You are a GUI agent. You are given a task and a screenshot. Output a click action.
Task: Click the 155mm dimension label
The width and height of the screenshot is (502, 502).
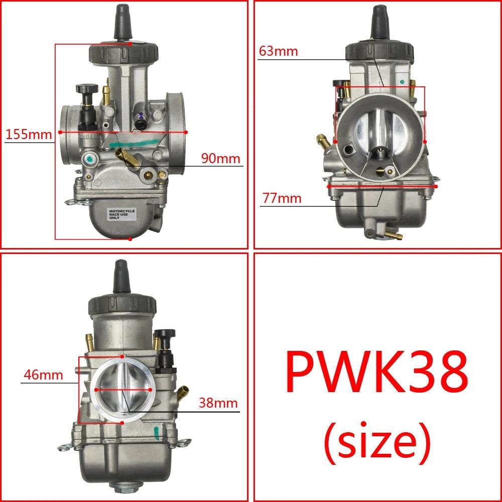coord(28,135)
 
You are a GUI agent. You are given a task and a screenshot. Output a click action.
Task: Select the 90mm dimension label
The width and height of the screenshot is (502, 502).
coord(221,159)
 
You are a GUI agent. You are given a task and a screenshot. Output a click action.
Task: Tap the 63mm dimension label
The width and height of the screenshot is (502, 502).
coord(279,51)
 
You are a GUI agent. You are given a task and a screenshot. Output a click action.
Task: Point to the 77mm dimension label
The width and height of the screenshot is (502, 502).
coord(282,198)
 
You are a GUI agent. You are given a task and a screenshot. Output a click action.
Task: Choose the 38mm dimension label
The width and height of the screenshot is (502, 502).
coord(218,403)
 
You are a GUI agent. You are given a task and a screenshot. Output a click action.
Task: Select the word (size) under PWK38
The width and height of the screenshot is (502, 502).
coord(376,441)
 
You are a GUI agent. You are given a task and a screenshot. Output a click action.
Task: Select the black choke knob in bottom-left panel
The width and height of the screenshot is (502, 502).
coord(165,334)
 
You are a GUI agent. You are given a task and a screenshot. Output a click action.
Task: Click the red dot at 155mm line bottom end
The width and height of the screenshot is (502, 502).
coord(130,239)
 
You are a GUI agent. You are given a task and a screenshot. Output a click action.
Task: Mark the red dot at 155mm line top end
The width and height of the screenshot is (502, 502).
coord(130,44)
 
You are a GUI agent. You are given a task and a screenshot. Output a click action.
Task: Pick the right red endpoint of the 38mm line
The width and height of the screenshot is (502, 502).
coord(151,389)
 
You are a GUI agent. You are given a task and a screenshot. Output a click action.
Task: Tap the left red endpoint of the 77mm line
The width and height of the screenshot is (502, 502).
coord(328,185)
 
